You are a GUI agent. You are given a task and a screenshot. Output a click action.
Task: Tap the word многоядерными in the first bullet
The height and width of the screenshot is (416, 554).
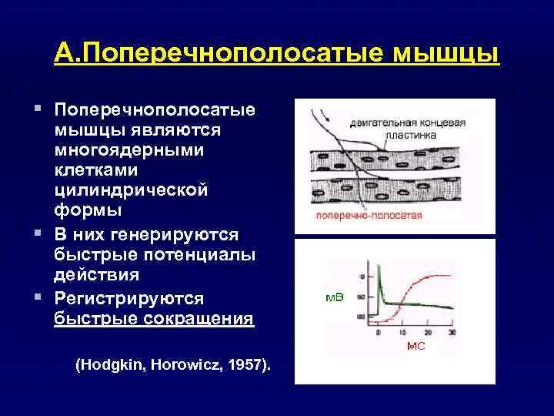tap(129, 149)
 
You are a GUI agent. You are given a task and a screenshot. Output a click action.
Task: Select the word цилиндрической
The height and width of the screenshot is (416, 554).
tap(131, 190)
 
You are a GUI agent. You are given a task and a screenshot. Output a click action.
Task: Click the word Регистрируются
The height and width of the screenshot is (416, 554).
tap(138, 297)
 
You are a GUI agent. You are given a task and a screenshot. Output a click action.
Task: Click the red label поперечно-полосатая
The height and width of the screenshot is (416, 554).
tap(368, 216)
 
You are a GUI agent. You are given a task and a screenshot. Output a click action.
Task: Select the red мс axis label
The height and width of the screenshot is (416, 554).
tap(415, 347)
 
